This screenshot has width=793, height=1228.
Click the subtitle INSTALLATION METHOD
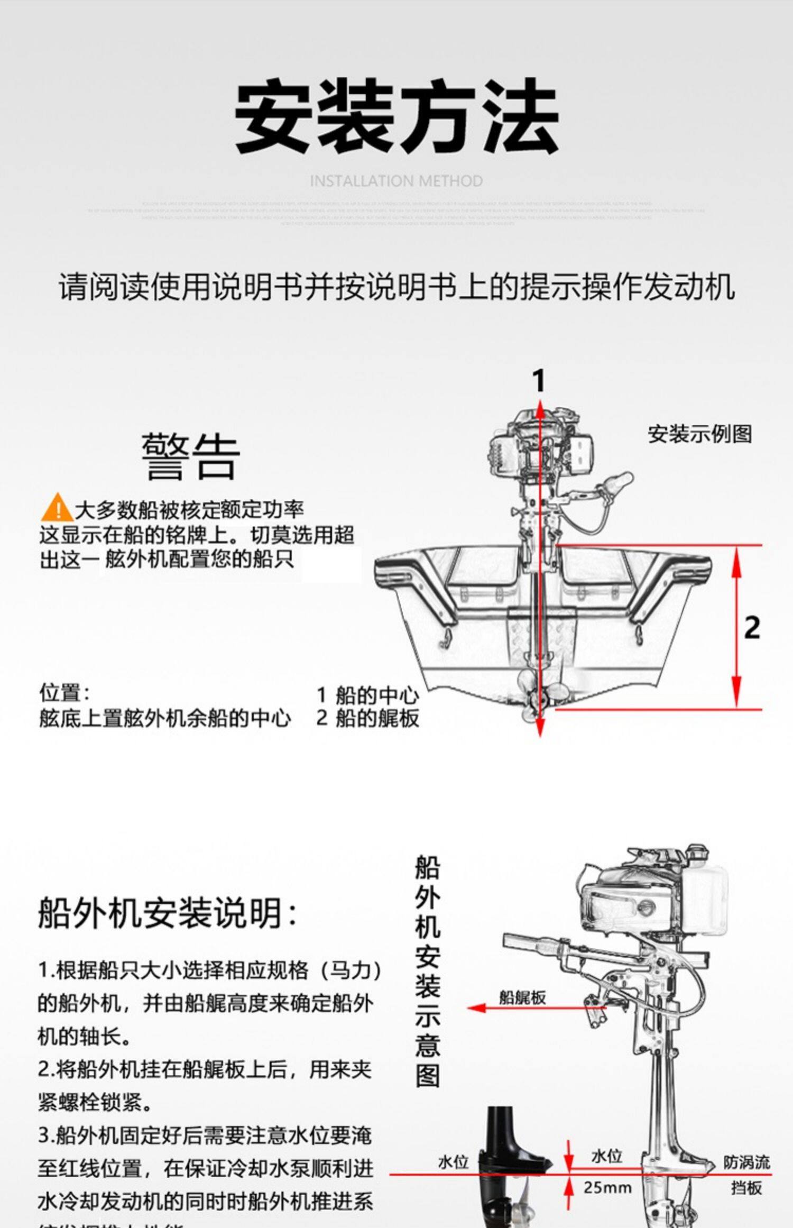coord(396,181)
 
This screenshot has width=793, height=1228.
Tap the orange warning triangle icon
coord(57,507)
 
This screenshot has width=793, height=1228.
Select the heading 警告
coord(190,457)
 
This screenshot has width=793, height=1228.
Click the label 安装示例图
coord(699,434)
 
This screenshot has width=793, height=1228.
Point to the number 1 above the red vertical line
coord(539,381)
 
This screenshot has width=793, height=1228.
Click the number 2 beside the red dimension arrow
coord(752,628)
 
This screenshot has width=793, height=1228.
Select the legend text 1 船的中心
coord(367,695)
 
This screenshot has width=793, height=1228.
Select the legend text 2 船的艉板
coord(367,718)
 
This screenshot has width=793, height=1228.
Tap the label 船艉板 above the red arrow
coord(522,998)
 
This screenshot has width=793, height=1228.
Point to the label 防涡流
coord(746,1162)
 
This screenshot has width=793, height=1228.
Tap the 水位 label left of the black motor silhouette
coord(453,1162)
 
